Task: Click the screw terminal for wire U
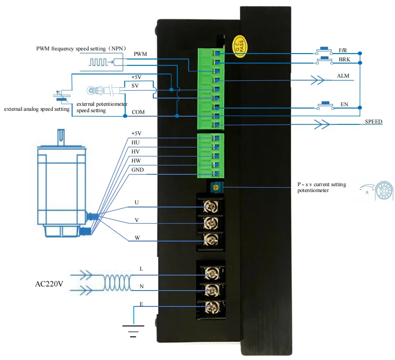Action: pyautogui.click(x=210, y=207)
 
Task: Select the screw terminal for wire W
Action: pyautogui.click(x=210, y=239)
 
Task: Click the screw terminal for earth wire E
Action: pyautogui.click(x=210, y=307)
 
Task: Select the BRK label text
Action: pyautogui.click(x=345, y=59)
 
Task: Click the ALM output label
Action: pyautogui.click(x=343, y=76)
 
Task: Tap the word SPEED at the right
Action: pyautogui.click(x=373, y=122)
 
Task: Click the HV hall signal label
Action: pyautogui.click(x=135, y=152)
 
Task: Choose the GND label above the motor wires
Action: pyautogui.click(x=137, y=170)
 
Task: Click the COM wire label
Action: pyautogui.click(x=138, y=112)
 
